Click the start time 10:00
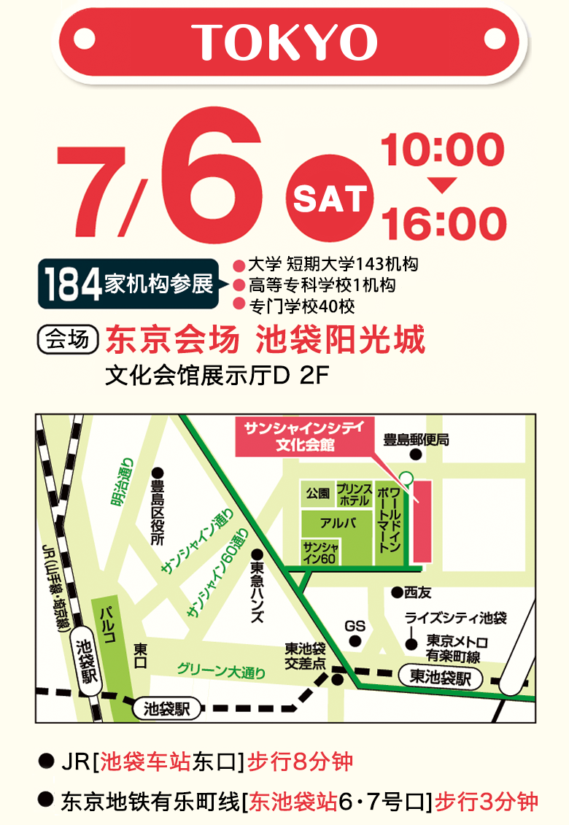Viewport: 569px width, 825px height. pyautogui.click(x=442, y=150)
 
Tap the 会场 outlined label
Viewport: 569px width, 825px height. pyautogui.click(x=66, y=338)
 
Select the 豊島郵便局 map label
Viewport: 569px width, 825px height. pyautogui.click(x=416, y=440)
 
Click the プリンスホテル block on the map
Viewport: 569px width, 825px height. pyautogui.click(x=355, y=494)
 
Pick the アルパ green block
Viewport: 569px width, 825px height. pyautogui.click(x=338, y=523)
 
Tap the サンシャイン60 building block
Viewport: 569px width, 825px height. pyautogui.click(x=320, y=553)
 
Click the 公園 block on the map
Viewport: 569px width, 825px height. pyautogui.click(x=318, y=493)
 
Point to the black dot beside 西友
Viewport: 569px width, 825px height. pyautogui.click(x=396, y=592)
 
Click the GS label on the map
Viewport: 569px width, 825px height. pyautogui.click(x=355, y=627)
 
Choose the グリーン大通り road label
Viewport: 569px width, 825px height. pyautogui.click(x=221, y=670)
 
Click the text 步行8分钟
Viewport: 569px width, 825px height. pyautogui.click(x=300, y=762)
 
